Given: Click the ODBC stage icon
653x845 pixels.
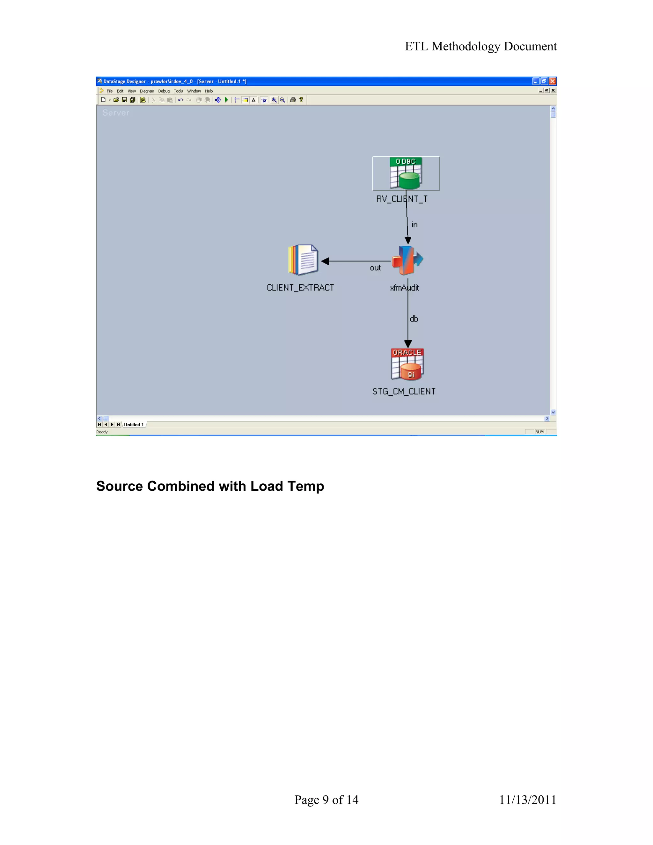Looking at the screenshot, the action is pyautogui.click(x=406, y=173).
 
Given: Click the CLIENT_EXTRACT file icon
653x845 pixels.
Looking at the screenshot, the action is pyautogui.click(x=303, y=260).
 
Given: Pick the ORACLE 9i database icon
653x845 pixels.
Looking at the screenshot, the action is pyautogui.click(x=407, y=364).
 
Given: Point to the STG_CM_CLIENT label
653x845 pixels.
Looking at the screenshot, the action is pyautogui.click(x=404, y=391).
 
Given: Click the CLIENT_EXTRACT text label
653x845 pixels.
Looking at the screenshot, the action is pyautogui.click(x=300, y=288).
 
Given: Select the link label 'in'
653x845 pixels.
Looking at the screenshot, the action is pyautogui.click(x=414, y=224).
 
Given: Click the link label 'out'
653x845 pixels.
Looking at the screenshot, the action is pyautogui.click(x=375, y=268).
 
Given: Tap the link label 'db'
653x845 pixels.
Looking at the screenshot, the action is pyautogui.click(x=414, y=319).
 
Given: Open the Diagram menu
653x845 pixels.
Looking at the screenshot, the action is pyautogui.click(x=147, y=91).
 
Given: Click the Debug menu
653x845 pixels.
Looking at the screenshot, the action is pyautogui.click(x=164, y=91).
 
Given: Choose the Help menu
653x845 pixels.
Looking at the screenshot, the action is pyautogui.click(x=209, y=91).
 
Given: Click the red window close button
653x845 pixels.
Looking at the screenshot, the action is pyautogui.click(x=553, y=81).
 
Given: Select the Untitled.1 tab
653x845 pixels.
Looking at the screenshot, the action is pyautogui.click(x=134, y=424).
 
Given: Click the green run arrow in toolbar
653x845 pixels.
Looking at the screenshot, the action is pyautogui.click(x=226, y=100).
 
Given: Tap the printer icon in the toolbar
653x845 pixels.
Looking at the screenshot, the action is pyautogui.click(x=293, y=100).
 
